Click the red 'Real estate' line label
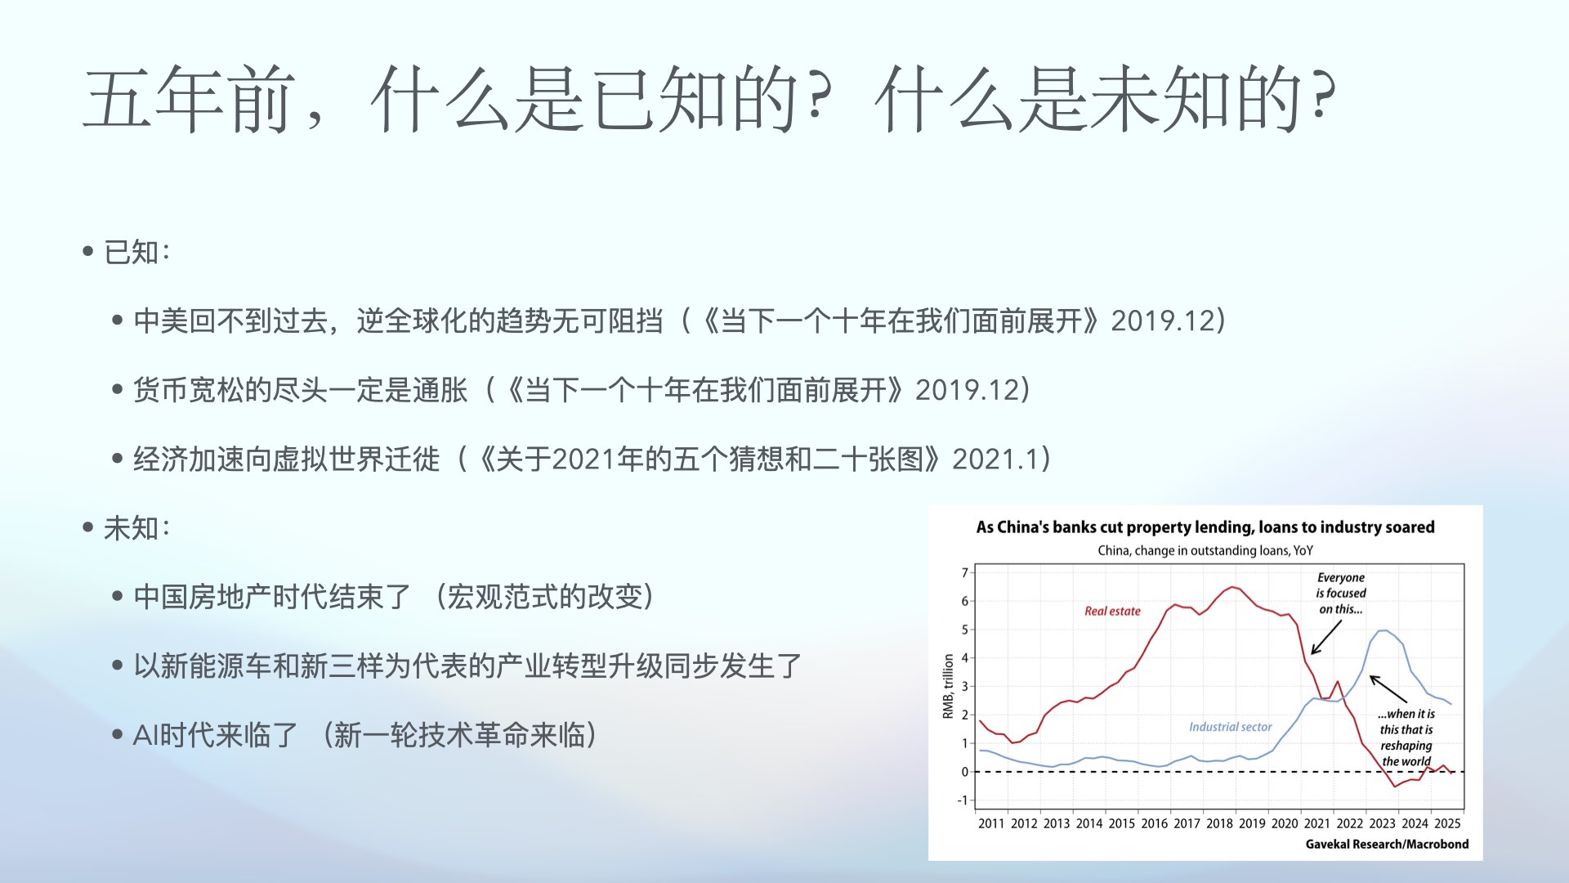tap(1112, 611)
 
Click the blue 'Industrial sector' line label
tap(1230, 727)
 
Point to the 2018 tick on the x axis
tap(1219, 823)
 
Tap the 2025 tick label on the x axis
tap(1447, 823)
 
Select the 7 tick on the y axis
tap(964, 572)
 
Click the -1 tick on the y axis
tap(963, 800)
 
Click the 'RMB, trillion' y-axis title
tap(948, 686)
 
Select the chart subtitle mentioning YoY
tap(1205, 550)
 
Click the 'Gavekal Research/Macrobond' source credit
tap(1387, 844)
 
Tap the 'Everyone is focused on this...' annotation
tap(1340, 593)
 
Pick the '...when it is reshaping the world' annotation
tap(1406, 737)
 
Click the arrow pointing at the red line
tap(1326, 637)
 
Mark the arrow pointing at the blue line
tap(1388, 688)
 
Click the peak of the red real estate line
tap(1233, 586)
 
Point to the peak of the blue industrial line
tap(1383, 630)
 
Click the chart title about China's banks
tap(1205, 527)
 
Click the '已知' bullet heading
tap(131, 252)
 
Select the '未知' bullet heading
tap(131, 528)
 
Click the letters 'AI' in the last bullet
tap(145, 735)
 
